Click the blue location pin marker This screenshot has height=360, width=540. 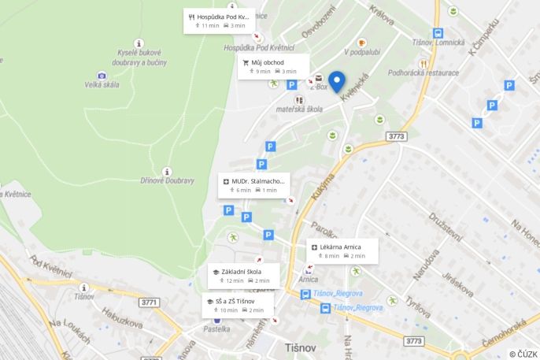(x=338, y=82)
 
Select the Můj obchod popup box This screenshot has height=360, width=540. (x=273, y=66)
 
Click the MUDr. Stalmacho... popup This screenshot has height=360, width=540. (x=253, y=185)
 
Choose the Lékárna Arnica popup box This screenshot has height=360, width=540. (x=342, y=251)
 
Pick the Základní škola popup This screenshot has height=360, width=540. (x=242, y=276)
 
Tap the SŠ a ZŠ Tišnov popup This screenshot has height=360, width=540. (x=238, y=305)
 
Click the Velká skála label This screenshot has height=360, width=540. (x=102, y=85)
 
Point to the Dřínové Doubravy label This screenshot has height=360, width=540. (x=167, y=180)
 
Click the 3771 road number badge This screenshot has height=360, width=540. (x=149, y=302)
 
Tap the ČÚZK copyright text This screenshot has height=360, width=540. (x=523, y=354)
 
